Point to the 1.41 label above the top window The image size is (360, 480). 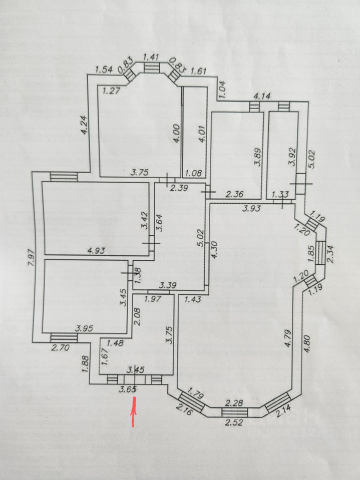click(150, 57)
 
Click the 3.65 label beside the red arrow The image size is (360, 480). click(128, 388)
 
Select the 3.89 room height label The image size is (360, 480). click(257, 156)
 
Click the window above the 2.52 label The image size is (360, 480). click(234, 412)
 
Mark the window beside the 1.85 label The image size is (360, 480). click(319, 254)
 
